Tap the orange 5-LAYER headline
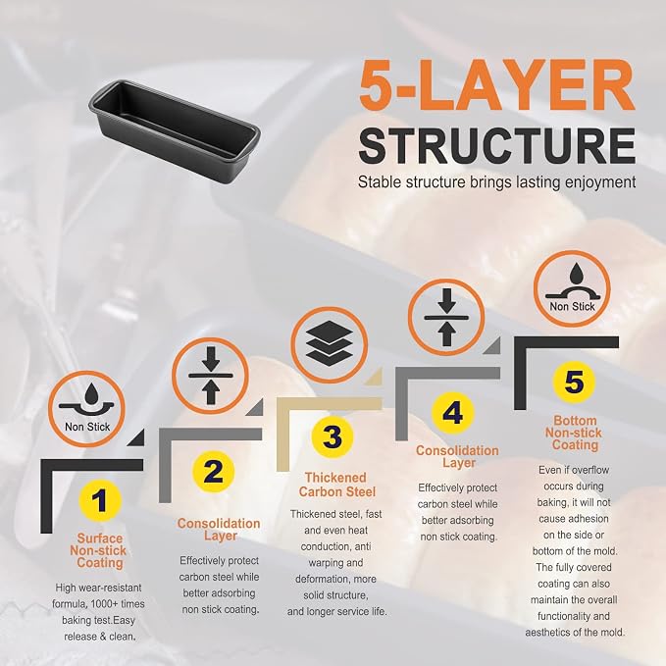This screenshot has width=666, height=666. (497, 85)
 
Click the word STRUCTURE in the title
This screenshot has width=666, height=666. (497, 145)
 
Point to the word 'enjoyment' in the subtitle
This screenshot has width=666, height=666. (600, 182)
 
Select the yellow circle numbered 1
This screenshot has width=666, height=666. (100, 500)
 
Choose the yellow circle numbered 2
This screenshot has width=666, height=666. (213, 472)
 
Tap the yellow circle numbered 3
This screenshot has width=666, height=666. (333, 436)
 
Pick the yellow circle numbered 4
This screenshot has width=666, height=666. (452, 412)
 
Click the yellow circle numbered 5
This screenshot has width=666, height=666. (574, 381)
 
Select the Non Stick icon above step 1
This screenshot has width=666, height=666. (86, 409)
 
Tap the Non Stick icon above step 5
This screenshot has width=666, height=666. (572, 288)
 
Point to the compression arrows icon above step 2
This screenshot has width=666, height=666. (211, 376)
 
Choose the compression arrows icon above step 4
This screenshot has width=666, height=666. (446, 317)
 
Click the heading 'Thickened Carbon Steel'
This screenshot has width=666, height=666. (336, 485)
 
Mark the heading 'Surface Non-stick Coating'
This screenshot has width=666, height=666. (99, 550)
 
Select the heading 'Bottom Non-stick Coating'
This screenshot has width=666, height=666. (574, 433)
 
